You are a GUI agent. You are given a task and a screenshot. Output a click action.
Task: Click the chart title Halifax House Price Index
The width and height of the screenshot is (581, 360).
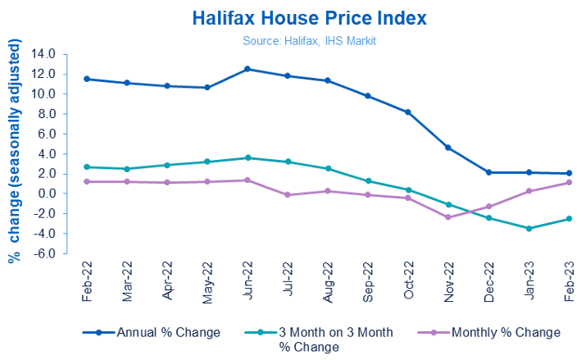coord(289,17)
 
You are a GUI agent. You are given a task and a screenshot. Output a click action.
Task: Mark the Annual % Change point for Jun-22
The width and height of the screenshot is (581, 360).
coord(247,69)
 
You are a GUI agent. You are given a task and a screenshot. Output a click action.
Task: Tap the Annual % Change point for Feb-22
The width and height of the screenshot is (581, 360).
coord(87,79)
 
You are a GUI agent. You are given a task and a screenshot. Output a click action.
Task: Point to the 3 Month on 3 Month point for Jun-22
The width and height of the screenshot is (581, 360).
coord(247,157)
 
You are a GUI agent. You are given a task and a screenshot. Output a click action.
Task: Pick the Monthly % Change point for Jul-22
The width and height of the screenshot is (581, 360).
coord(288,194)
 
